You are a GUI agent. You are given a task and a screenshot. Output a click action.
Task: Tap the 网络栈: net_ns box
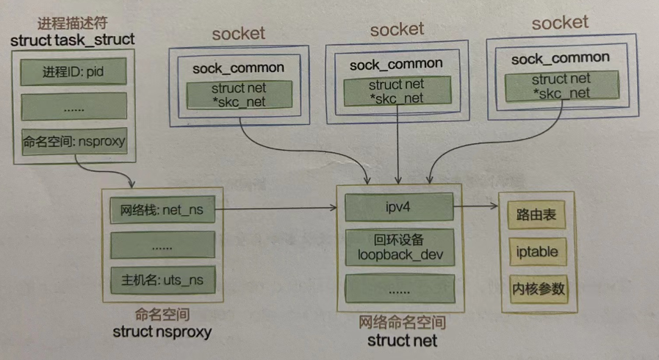click(162, 210)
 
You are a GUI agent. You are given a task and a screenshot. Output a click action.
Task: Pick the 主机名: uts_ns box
click(162, 280)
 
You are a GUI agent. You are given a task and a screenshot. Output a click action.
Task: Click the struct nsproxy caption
click(162, 332)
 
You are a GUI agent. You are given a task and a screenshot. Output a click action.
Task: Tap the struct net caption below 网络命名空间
click(402, 340)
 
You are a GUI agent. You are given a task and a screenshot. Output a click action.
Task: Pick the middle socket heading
click(397, 29)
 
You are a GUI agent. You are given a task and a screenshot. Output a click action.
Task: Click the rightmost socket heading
click(560, 23)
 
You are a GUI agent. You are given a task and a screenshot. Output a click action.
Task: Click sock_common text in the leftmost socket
click(238, 68)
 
